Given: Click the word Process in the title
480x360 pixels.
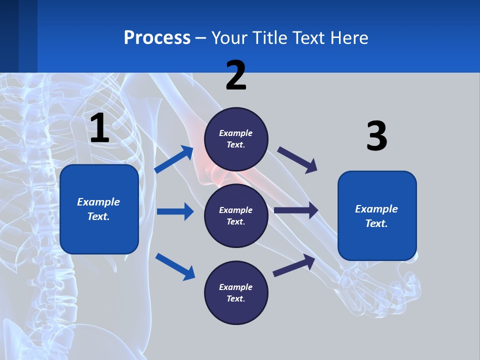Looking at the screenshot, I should pyautogui.click(x=157, y=37).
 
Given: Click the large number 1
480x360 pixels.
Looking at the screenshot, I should pyautogui.click(x=99, y=128).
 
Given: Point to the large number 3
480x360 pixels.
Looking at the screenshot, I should pyautogui.click(x=376, y=136).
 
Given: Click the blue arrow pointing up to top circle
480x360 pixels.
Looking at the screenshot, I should pyautogui.click(x=174, y=159).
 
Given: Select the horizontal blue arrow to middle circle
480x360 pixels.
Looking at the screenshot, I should pyautogui.click(x=175, y=211).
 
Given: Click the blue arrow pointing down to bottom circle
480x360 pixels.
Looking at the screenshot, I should pyautogui.click(x=175, y=266).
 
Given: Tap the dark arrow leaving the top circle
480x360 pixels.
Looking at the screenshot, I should pyautogui.click(x=297, y=159).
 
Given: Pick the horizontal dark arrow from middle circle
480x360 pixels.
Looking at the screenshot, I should pyautogui.click(x=296, y=210).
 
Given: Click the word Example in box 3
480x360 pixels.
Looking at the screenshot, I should pyautogui.click(x=376, y=209).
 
